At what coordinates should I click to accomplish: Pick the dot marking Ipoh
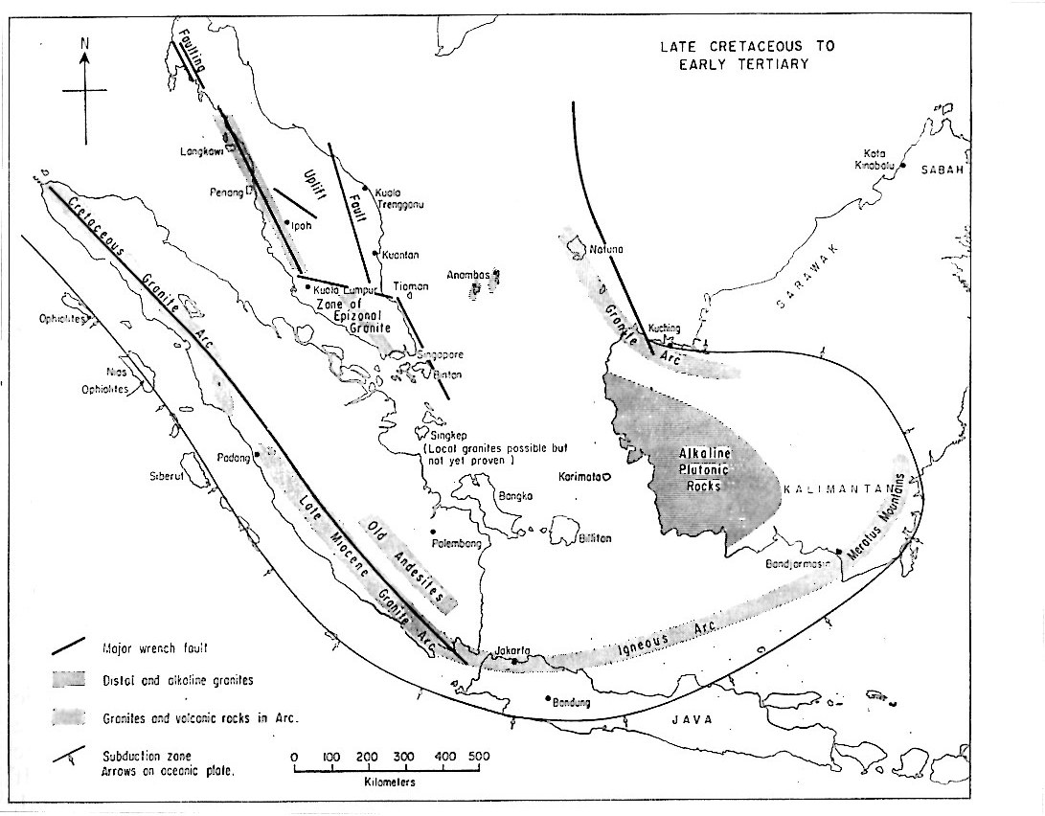[286, 222]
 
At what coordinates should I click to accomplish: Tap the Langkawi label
[202, 151]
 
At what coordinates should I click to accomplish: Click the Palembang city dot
[434, 533]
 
